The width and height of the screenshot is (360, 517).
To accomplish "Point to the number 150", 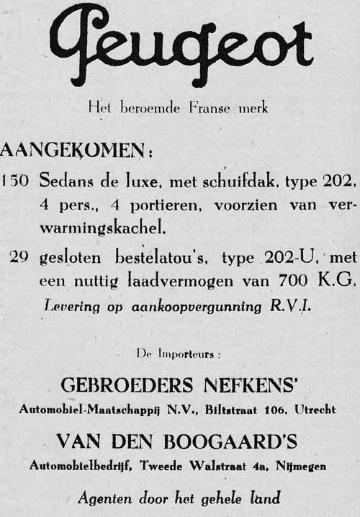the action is (15, 180).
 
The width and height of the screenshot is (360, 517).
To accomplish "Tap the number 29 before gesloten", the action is (19, 257).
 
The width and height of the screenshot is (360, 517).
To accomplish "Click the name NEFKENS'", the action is (249, 385).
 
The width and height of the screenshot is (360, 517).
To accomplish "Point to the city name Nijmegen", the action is (302, 466).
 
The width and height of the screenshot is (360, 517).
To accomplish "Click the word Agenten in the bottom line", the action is (106, 496).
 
